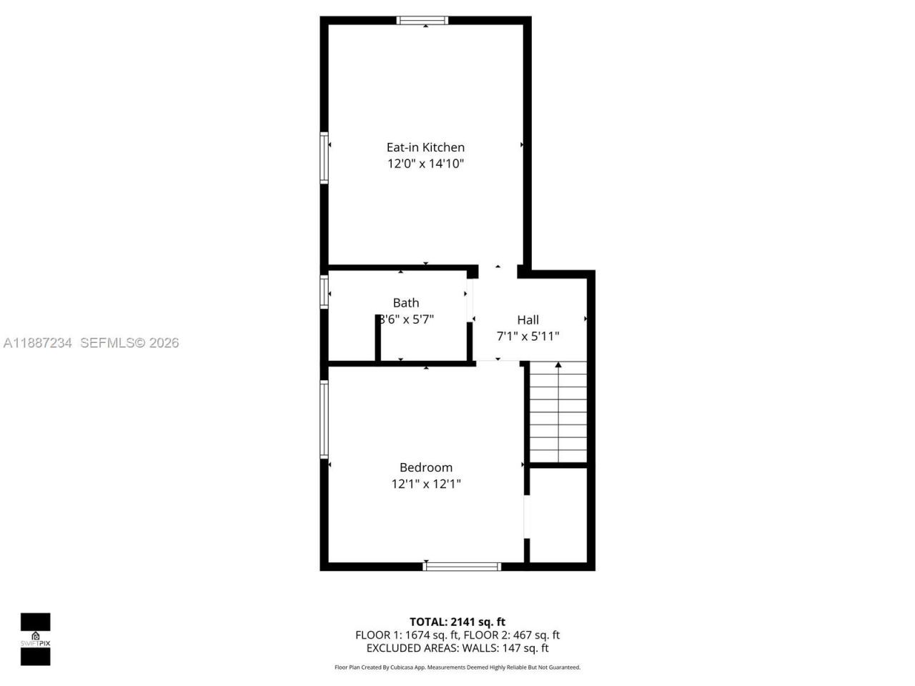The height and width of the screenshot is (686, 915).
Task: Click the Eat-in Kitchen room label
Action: (x=425, y=147)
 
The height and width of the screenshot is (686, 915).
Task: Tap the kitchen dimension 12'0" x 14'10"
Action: (x=425, y=164)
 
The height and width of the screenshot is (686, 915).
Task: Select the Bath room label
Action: (x=406, y=303)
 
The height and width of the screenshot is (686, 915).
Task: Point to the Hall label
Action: (x=528, y=320)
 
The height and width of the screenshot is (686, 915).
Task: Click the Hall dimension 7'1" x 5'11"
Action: (x=528, y=336)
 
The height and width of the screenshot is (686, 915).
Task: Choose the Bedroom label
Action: (x=425, y=467)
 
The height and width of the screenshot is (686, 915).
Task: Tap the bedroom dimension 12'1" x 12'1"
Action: (x=425, y=484)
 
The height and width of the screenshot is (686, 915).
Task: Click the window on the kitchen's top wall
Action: (x=422, y=21)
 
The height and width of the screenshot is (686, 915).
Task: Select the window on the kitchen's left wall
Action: (x=324, y=157)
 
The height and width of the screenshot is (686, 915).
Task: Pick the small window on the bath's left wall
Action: (x=324, y=292)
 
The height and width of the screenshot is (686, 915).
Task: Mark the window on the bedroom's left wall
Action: (x=324, y=419)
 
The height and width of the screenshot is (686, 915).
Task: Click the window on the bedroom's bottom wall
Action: (x=462, y=566)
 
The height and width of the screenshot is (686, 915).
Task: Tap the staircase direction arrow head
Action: (x=558, y=365)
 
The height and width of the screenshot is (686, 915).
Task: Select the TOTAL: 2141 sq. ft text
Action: (x=457, y=622)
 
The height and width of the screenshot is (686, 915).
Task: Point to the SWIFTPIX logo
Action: (x=35, y=639)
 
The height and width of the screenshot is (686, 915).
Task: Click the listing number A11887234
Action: (x=38, y=343)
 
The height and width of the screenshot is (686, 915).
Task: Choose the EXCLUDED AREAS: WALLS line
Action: (x=457, y=648)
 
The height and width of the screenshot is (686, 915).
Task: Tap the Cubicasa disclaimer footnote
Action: (x=457, y=667)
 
